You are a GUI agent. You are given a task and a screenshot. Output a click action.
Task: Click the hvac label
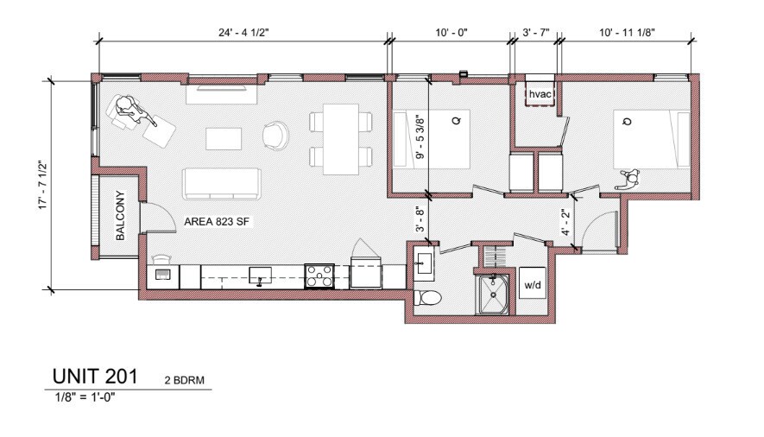(540, 93)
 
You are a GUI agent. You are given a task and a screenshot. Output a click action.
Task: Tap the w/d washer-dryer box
(532, 283)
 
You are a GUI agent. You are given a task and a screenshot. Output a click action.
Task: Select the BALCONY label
(120, 215)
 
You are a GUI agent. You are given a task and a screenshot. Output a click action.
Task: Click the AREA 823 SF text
(217, 222)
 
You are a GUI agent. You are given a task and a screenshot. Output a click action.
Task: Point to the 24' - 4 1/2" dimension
(243, 33)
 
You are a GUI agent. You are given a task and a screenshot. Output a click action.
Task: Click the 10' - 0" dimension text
(451, 33)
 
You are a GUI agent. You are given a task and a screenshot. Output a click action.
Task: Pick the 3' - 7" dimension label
(536, 33)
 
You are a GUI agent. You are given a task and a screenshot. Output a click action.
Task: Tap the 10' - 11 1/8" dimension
(627, 33)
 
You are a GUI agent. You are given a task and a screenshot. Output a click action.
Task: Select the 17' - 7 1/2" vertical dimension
(43, 185)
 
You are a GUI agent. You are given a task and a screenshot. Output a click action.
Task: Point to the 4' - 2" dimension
(566, 223)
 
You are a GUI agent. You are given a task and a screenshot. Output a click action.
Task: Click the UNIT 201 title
(95, 376)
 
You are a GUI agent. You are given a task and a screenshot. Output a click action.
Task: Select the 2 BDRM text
(184, 380)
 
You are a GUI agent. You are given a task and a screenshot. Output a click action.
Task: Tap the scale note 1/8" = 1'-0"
(85, 396)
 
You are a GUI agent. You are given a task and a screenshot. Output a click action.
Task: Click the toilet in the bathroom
(427, 297)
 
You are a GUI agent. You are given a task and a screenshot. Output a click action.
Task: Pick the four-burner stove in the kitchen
(319, 275)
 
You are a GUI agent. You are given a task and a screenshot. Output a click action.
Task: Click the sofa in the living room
(222, 184)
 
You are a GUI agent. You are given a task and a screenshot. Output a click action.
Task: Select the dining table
(341, 139)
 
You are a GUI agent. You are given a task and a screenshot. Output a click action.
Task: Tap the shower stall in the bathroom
(492, 294)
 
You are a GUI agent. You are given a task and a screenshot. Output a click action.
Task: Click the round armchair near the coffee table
(275, 135)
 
